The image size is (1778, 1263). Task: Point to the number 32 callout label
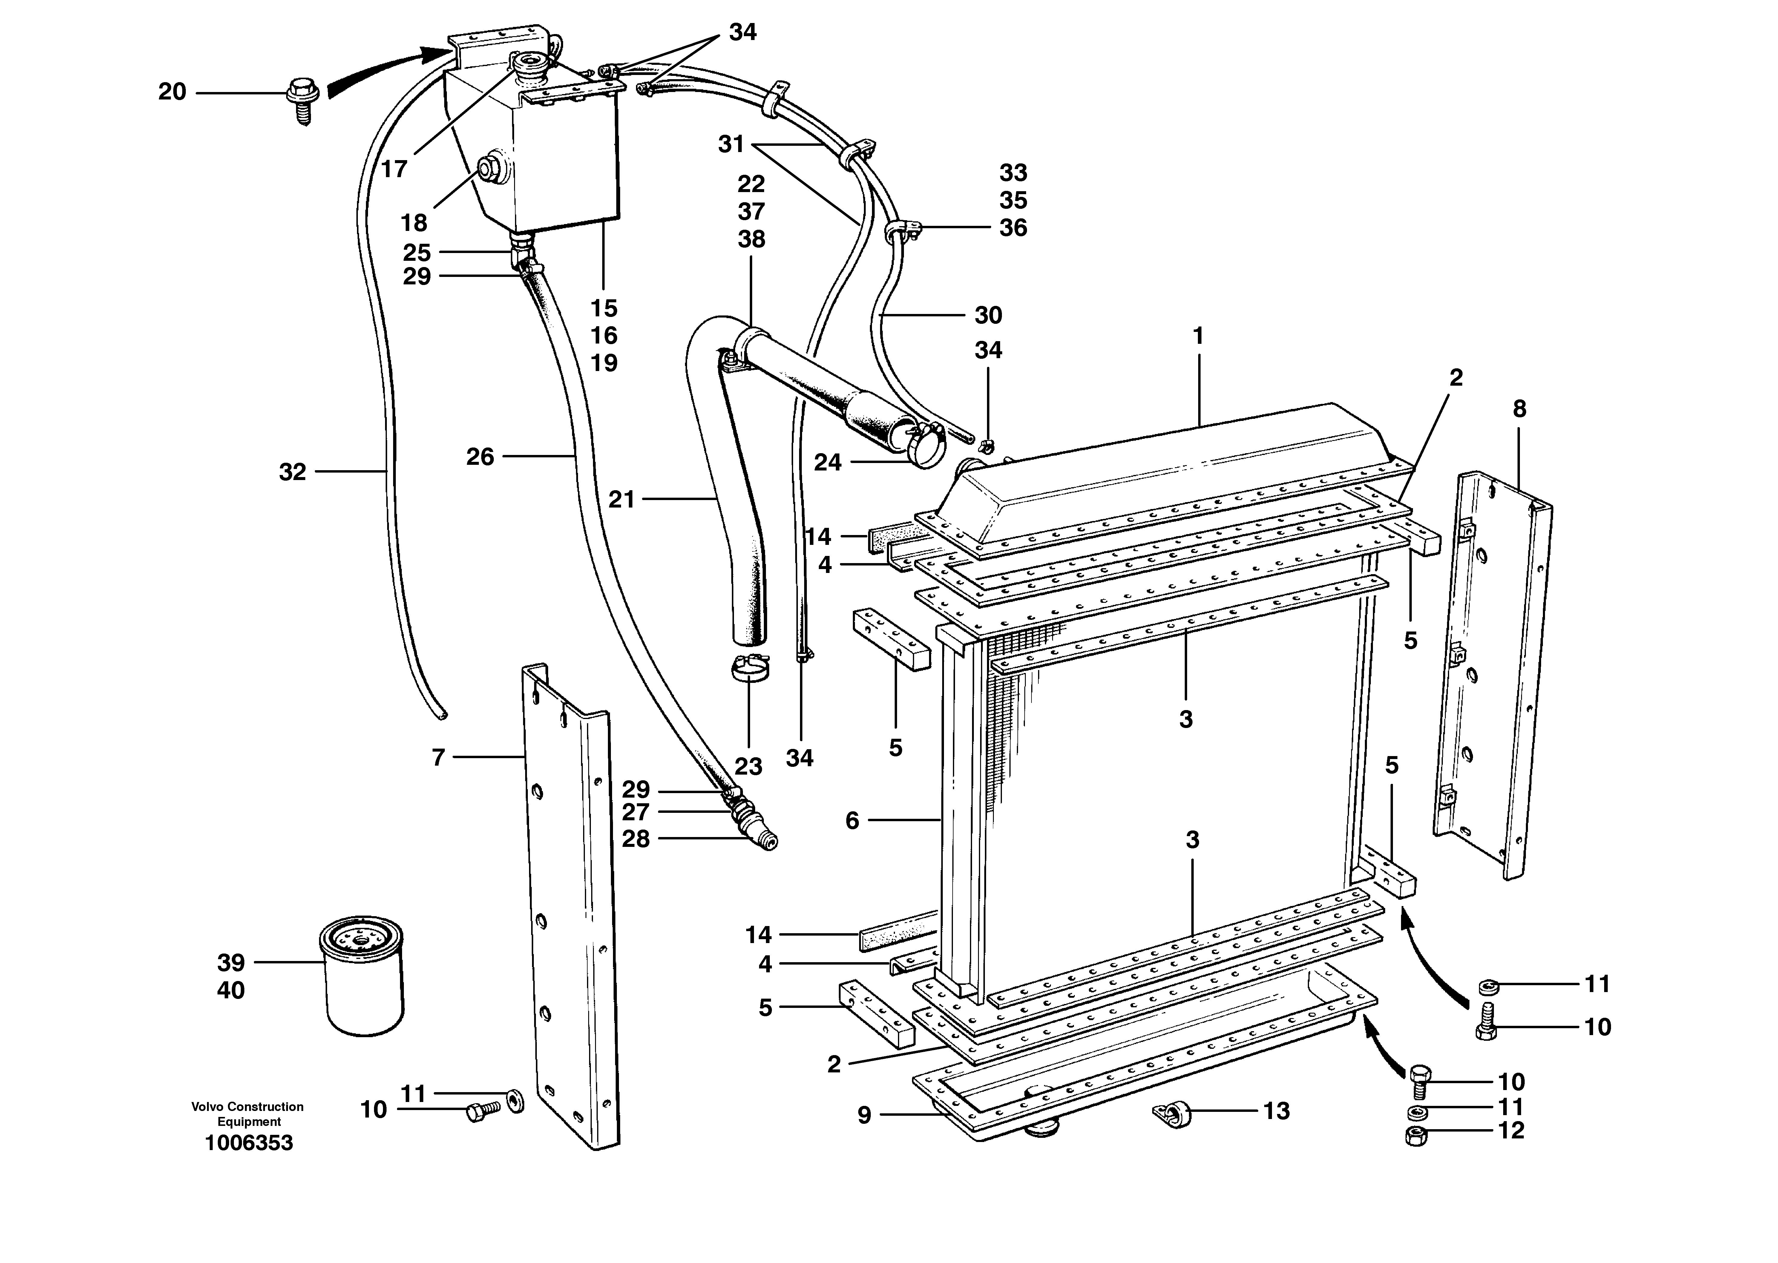tap(292, 472)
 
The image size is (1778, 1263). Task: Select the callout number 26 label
tap(480, 456)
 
